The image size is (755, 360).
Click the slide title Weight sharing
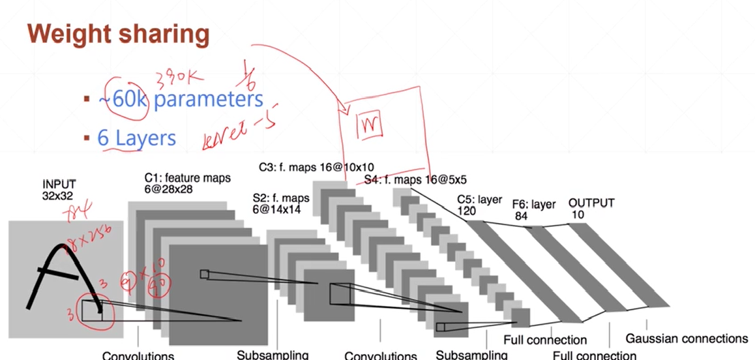point(119,35)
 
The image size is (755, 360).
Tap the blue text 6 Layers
point(136,138)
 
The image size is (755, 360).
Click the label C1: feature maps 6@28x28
point(187,183)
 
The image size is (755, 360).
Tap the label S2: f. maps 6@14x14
point(280,203)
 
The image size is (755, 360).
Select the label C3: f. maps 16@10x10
point(316,167)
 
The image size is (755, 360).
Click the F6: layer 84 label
point(533,210)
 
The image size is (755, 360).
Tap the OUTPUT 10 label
point(591,208)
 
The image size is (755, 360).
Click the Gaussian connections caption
point(686,338)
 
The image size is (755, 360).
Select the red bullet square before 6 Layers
point(86,138)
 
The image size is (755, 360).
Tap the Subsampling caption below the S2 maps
point(273,355)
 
